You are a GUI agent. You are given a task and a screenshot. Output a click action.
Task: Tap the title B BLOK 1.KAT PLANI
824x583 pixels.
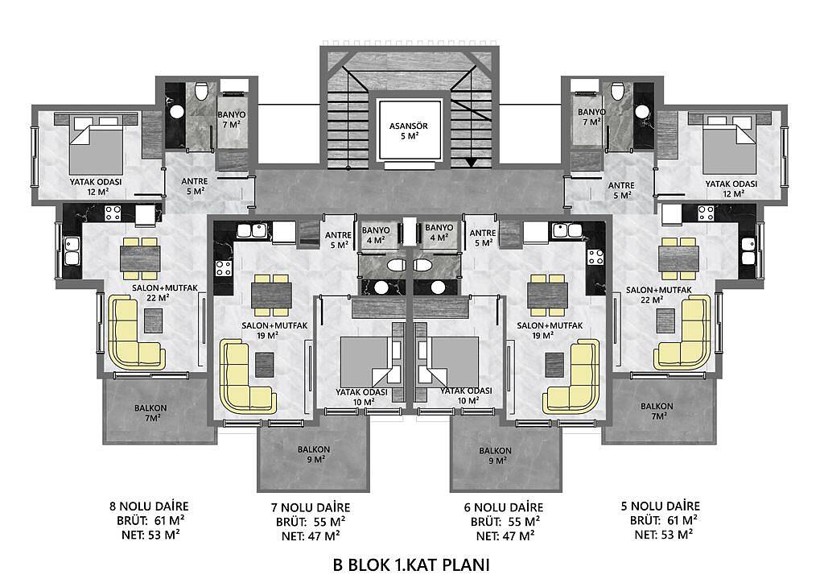tap(411, 564)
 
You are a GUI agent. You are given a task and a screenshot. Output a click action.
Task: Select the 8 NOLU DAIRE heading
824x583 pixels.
tap(149, 507)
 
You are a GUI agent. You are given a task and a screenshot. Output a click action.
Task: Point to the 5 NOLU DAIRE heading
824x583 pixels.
tap(661, 506)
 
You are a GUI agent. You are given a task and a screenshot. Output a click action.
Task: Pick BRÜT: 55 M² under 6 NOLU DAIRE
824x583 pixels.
tap(505, 522)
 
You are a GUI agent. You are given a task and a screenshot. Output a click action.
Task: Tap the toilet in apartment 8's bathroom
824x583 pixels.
tap(200, 91)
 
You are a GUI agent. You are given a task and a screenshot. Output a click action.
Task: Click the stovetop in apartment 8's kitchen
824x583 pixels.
tap(113, 213)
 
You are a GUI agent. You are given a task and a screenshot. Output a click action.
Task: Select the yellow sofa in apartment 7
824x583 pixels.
tap(247, 377)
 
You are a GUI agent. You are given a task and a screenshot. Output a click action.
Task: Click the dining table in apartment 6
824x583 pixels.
tap(547, 295)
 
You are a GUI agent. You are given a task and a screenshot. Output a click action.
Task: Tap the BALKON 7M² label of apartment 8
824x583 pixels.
tap(150, 412)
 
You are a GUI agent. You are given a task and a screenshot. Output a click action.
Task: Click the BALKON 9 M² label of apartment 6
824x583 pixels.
tap(495, 455)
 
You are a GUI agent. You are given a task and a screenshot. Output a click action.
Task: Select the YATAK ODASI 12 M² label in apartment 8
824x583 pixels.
tap(96, 187)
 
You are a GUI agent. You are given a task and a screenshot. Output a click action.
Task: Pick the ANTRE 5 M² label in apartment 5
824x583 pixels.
tap(621, 190)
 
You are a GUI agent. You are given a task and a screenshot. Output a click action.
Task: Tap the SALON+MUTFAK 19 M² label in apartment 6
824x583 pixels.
tap(550, 330)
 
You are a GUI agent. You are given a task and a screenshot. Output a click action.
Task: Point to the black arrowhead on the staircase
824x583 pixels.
tap(472, 162)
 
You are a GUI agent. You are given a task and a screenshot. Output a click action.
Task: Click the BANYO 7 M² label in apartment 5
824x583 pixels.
tap(591, 117)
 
